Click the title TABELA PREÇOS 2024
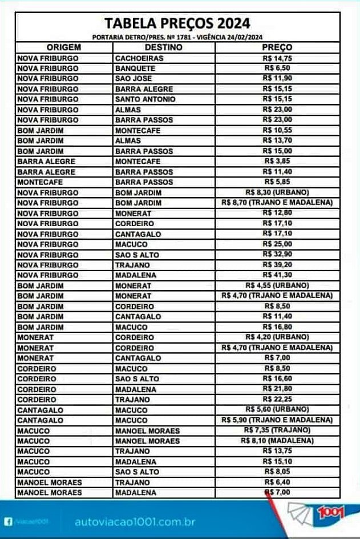(177, 24)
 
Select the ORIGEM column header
(63, 47)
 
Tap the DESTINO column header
(164, 47)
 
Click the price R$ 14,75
(278, 58)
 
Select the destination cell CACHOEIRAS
(140, 58)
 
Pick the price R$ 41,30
(278, 275)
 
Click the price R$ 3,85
(278, 161)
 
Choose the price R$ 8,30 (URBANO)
(278, 192)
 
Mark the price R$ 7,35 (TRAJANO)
(277, 430)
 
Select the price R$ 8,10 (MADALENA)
(278, 440)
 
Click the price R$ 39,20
(278, 264)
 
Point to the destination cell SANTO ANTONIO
(145, 99)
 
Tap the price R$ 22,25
(278, 399)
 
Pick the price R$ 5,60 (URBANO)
(278, 409)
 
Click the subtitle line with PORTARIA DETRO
(177, 37)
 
